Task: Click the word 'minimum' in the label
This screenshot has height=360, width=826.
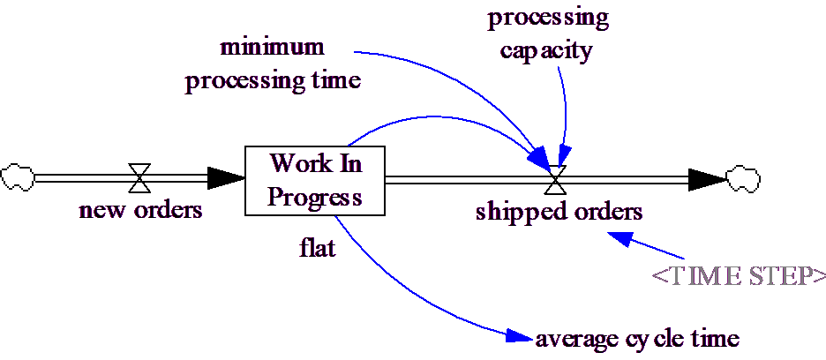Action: (x=273, y=46)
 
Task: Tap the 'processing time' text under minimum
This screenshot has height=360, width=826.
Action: (x=273, y=81)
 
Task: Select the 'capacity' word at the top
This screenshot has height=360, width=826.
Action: (x=545, y=50)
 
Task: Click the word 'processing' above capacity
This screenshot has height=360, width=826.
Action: (x=547, y=19)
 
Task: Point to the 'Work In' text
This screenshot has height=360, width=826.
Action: (x=315, y=163)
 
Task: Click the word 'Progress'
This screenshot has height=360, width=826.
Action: (x=315, y=196)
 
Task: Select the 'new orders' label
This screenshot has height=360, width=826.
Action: (x=141, y=211)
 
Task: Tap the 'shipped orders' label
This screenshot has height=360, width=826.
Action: (x=559, y=212)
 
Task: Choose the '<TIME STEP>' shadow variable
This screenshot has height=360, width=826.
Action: (x=739, y=275)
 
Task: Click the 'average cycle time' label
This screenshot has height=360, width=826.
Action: (x=636, y=339)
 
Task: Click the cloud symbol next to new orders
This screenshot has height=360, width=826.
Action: (x=17, y=177)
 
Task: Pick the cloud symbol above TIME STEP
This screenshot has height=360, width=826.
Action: (x=742, y=179)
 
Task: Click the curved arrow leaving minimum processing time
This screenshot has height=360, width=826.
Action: (x=459, y=76)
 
